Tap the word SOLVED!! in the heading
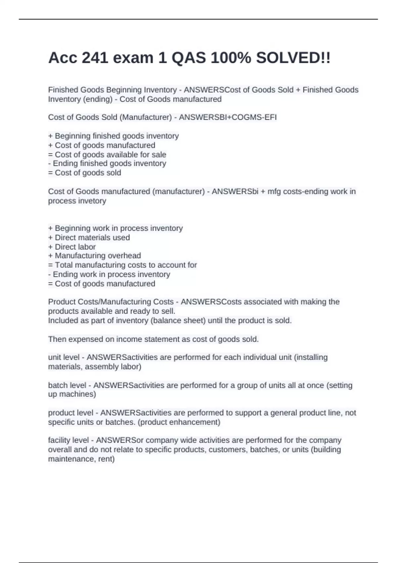click(x=293, y=58)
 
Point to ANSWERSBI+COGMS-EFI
click(x=228, y=117)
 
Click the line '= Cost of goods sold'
click(x=85, y=173)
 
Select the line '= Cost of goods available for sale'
click(x=107, y=155)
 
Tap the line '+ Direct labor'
click(x=72, y=247)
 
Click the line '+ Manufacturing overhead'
click(x=95, y=256)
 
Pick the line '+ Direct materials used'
click(x=89, y=237)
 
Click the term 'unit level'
click(x=64, y=357)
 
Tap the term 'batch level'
click(x=67, y=385)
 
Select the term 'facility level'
click(x=68, y=440)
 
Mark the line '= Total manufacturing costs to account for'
click(x=122, y=265)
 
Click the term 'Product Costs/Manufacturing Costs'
click(x=111, y=302)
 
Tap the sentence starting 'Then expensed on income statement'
click(x=153, y=339)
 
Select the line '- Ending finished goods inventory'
click(x=107, y=164)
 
